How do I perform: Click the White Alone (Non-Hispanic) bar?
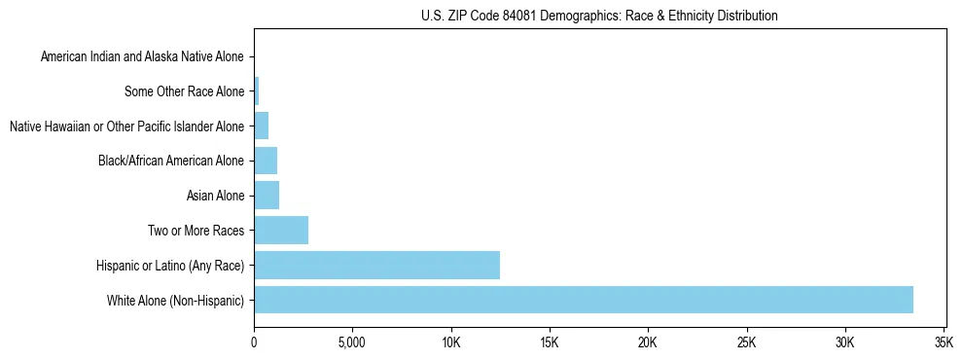tap(584, 300)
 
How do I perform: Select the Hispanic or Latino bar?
tap(376, 265)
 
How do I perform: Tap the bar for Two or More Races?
tap(281, 231)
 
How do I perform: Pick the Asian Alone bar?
tap(267, 196)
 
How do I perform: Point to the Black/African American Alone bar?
tap(266, 161)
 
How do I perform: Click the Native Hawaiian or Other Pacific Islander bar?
tap(261, 126)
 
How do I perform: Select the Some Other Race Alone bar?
tap(257, 91)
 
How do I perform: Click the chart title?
tap(599, 16)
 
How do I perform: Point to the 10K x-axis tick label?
tap(450, 342)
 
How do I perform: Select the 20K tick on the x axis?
tap(648, 342)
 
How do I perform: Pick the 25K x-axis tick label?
tap(746, 342)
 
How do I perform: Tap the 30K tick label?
tap(844, 342)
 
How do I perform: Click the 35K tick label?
tap(944, 342)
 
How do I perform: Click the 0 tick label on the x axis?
tap(254, 342)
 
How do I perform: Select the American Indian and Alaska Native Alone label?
tap(142, 57)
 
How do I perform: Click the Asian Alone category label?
tap(215, 197)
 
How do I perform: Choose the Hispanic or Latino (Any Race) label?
tap(170, 266)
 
